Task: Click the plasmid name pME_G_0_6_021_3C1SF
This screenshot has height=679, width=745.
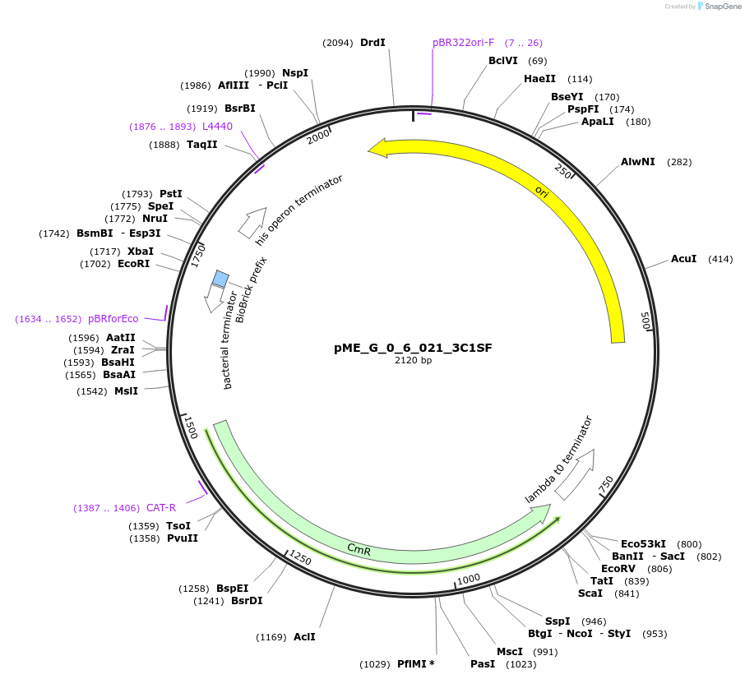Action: [x=413, y=348]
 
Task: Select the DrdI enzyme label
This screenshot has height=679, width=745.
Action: [x=372, y=43]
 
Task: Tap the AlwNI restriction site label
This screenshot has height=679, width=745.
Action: [x=638, y=162]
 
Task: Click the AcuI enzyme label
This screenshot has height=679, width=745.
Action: [x=683, y=259]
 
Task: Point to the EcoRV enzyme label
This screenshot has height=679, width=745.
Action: [x=618, y=569]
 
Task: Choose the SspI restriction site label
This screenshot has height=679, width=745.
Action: [x=557, y=621]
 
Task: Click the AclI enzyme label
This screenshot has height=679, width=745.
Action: [x=304, y=637]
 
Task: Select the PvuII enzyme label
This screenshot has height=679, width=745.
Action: [x=183, y=538]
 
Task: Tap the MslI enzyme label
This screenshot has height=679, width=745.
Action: [x=126, y=390]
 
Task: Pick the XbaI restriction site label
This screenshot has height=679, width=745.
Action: [x=141, y=252]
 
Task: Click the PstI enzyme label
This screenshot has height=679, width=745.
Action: [x=171, y=194]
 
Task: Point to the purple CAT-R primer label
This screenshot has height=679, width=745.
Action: [x=161, y=508]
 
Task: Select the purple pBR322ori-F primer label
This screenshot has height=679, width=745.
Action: [x=464, y=43]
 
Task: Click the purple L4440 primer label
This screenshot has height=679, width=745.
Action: [x=217, y=127]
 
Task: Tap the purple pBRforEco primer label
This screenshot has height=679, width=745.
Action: [x=113, y=319]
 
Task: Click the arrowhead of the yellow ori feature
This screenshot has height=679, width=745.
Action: [x=377, y=148]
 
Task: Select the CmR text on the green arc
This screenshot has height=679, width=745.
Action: [x=359, y=549]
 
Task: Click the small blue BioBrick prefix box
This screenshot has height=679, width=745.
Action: [x=220, y=279]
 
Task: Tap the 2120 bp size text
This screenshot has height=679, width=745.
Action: [x=413, y=361]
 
